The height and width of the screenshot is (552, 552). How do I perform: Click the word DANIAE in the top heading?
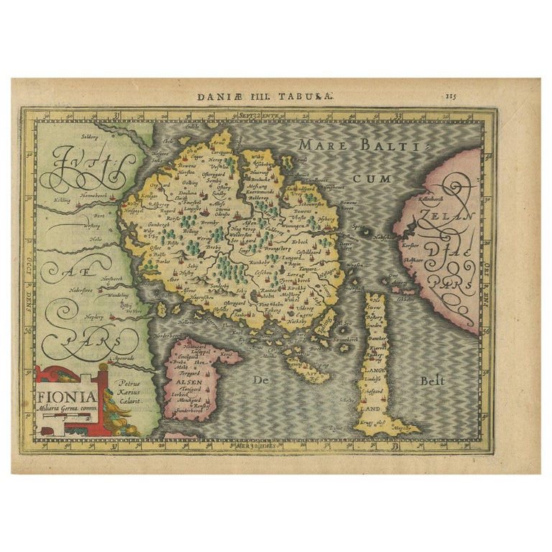tap(237, 94)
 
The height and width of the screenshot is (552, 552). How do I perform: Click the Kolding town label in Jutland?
tap(62, 201)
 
